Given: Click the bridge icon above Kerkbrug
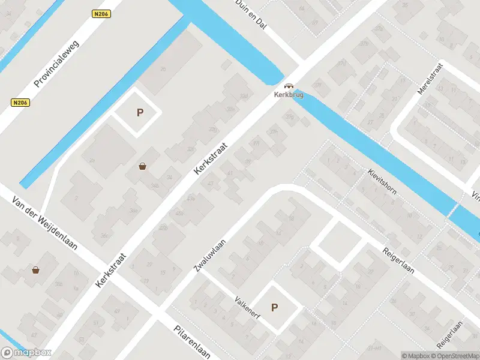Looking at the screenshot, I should tap(289, 86).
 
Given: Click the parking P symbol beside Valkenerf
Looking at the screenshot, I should tap(275, 308).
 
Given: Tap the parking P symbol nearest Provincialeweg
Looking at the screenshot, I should tap(140, 112).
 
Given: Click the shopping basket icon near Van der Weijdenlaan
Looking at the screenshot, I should tap(36, 270).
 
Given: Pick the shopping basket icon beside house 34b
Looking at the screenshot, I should tap(143, 166).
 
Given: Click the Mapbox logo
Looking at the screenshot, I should tap(26, 353).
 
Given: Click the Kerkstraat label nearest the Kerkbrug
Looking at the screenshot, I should tap(212, 158).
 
